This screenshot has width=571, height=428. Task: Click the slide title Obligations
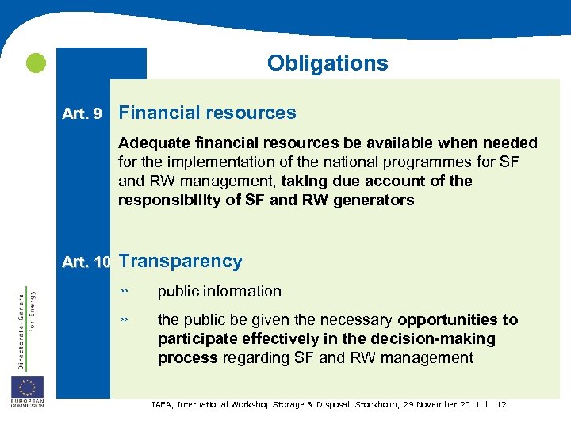328,63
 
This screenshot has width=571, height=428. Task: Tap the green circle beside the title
35,63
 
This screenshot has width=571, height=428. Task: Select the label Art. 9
82,114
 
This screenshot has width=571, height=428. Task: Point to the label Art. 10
86,262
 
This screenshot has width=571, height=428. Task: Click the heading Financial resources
207,113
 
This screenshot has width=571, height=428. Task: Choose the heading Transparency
180,261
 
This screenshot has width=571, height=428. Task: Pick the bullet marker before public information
124,291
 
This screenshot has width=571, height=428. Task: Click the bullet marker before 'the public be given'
124,319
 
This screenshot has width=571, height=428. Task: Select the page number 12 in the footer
501,405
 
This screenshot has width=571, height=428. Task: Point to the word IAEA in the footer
163,405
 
